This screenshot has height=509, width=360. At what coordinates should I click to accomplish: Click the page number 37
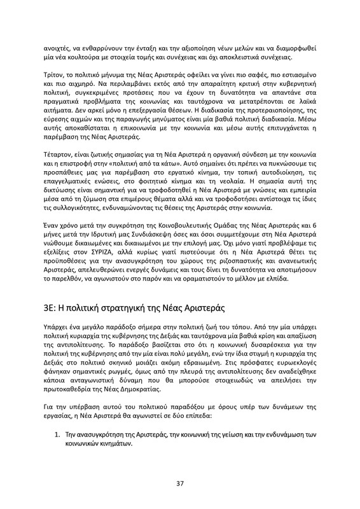(180, 484)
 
